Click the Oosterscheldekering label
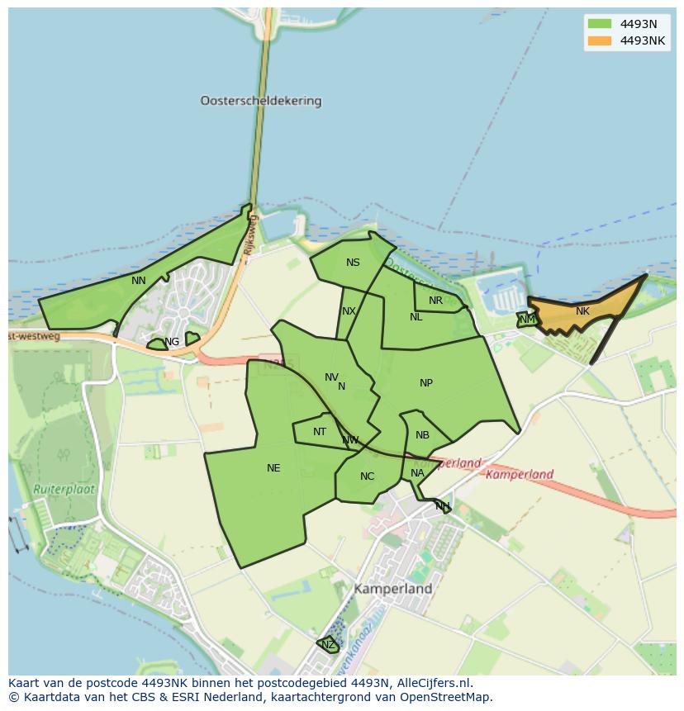(260, 101)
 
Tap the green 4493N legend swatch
(599, 24)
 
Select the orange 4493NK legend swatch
(599, 41)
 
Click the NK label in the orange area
(582, 311)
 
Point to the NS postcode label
(353, 263)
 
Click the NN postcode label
(139, 281)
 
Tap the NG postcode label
(172, 342)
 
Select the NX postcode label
(349, 311)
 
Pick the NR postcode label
(435, 301)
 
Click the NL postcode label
(416, 317)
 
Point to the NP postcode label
(426, 383)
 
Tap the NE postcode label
(273, 468)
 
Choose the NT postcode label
(320, 432)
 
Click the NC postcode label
(368, 476)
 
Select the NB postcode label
(422, 435)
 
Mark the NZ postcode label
(328, 645)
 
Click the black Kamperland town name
(393, 590)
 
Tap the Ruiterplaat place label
(64, 489)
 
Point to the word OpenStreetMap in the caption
(444, 697)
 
